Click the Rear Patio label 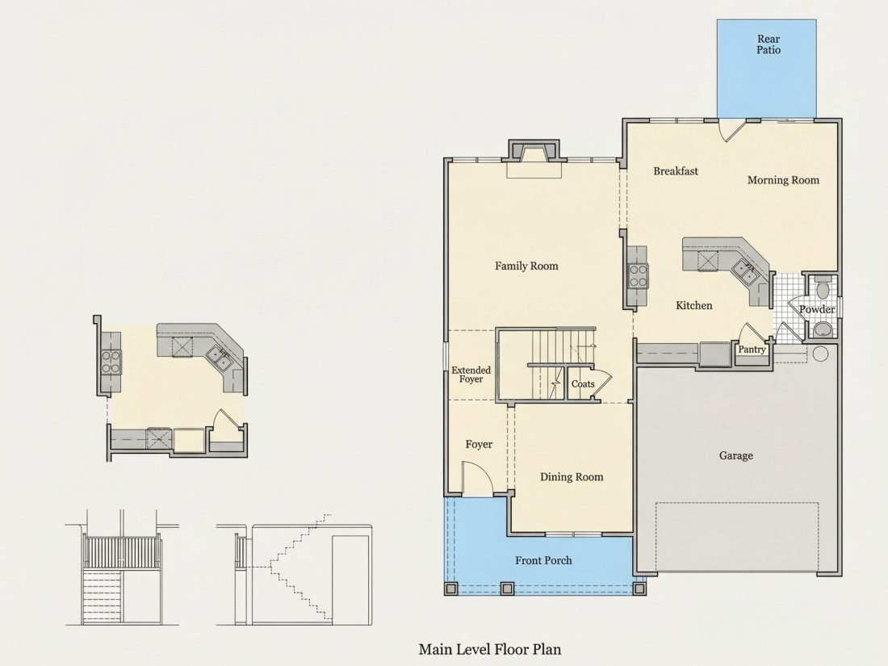[769, 44]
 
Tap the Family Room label [526, 266]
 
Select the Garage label [735, 455]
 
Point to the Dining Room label [572, 477]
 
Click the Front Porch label [543, 560]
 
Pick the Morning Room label [783, 180]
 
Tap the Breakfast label [676, 171]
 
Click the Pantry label [752, 350]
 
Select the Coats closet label [583, 384]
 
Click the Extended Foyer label [471, 375]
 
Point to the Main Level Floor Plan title [490, 649]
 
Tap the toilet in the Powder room [823, 287]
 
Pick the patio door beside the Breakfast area [731, 130]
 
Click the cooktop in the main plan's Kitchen [639, 276]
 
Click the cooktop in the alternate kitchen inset [111, 362]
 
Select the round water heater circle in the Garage [821, 354]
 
